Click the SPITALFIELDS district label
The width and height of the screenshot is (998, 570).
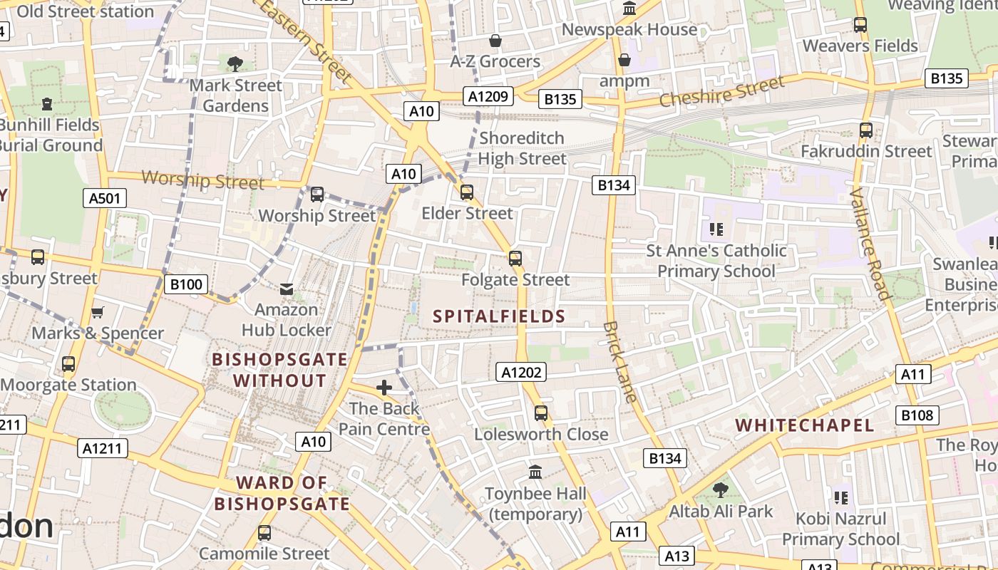tap(499, 316)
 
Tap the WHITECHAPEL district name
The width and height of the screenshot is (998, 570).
tap(804, 425)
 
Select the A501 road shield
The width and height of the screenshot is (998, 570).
tap(105, 198)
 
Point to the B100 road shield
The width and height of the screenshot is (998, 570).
tap(185, 285)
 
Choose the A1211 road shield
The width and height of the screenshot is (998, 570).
tap(103, 448)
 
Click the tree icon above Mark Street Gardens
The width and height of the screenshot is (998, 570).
tap(235, 64)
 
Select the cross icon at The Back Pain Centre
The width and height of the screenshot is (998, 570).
tap(384, 388)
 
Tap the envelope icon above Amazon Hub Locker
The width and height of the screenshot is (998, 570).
tap(286, 289)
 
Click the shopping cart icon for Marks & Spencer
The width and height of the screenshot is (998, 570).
tap(98, 312)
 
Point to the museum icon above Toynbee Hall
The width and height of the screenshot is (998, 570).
tap(535, 472)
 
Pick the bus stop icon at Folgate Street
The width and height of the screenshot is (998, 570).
tap(515, 258)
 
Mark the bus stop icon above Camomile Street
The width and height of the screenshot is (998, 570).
tap(264, 532)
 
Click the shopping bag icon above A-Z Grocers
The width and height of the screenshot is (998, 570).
tap(495, 41)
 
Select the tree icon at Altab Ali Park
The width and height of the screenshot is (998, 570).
tap(721, 489)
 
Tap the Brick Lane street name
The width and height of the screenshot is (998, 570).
tap(619, 362)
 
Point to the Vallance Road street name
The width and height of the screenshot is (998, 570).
tap(870, 244)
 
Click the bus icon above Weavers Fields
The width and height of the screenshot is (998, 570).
tap(860, 25)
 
